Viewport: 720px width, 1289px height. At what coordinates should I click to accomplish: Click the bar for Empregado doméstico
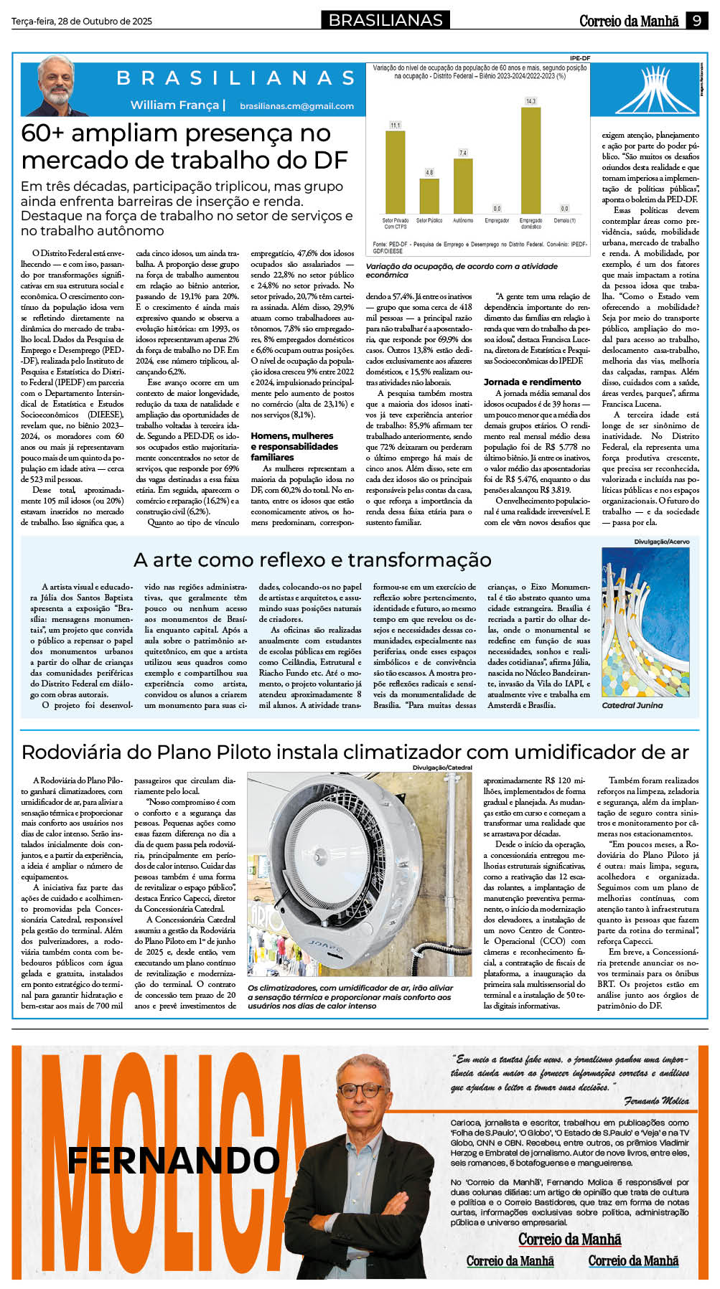(530, 159)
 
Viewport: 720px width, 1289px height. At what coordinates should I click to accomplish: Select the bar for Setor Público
(429, 196)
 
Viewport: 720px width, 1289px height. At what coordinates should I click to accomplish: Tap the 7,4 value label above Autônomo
(462, 153)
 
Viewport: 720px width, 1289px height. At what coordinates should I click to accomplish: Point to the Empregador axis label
(497, 220)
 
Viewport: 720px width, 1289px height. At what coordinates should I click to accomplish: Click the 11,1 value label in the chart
(395, 126)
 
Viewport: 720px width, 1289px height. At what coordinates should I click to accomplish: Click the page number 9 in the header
(696, 21)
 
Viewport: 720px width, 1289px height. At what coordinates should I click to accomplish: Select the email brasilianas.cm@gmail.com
(296, 106)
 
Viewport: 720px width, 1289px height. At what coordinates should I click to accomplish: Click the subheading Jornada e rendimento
(532, 382)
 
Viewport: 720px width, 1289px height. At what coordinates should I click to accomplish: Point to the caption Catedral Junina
(632, 706)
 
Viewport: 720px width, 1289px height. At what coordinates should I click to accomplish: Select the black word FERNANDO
(173, 1160)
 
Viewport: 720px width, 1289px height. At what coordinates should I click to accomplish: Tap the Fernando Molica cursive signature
(656, 1101)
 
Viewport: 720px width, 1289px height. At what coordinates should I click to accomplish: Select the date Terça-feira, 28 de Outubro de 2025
(82, 22)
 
